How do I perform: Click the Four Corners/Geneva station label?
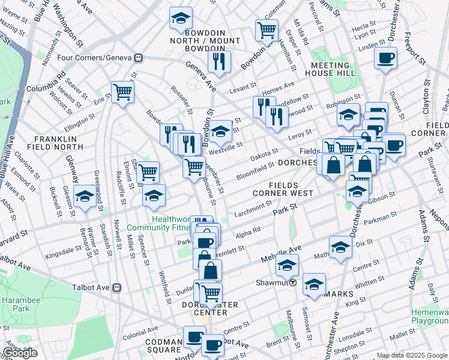click(98, 58)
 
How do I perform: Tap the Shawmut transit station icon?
click(293, 283)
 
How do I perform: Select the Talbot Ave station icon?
click(118, 287)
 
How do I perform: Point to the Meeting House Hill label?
click(331, 69)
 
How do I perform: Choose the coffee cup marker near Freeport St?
click(385, 58)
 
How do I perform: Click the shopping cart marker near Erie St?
click(122, 92)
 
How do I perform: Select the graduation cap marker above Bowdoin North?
click(180, 19)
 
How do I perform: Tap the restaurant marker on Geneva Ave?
click(218, 60)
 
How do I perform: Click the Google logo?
click(20, 353)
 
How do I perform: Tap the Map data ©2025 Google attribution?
click(412, 355)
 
